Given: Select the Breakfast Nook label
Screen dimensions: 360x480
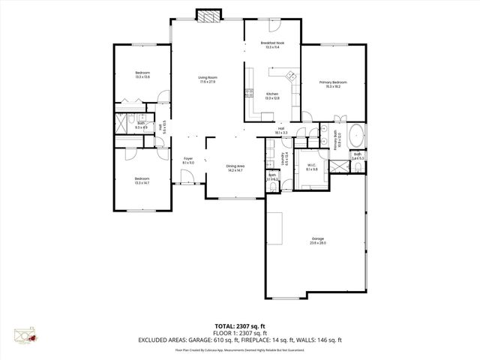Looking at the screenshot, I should pyautogui.click(x=272, y=45).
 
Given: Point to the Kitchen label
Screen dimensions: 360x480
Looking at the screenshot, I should pyautogui.click(x=272, y=96).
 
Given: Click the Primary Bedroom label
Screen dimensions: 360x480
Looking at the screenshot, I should pyautogui.click(x=333, y=84).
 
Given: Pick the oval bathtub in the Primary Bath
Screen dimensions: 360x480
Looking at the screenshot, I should pyautogui.click(x=357, y=139).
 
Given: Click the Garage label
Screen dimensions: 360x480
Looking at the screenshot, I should pyautogui.click(x=318, y=241).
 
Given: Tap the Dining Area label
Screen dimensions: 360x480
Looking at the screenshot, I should pyautogui.click(x=235, y=169).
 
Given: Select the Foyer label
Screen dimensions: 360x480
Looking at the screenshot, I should pyautogui.click(x=188, y=160).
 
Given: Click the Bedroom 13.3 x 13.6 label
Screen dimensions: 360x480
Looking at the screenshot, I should pyautogui.click(x=142, y=75).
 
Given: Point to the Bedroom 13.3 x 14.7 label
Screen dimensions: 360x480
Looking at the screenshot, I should pyautogui.click(x=142, y=180).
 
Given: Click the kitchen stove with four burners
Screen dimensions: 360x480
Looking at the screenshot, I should pyautogui.click(x=249, y=94).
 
